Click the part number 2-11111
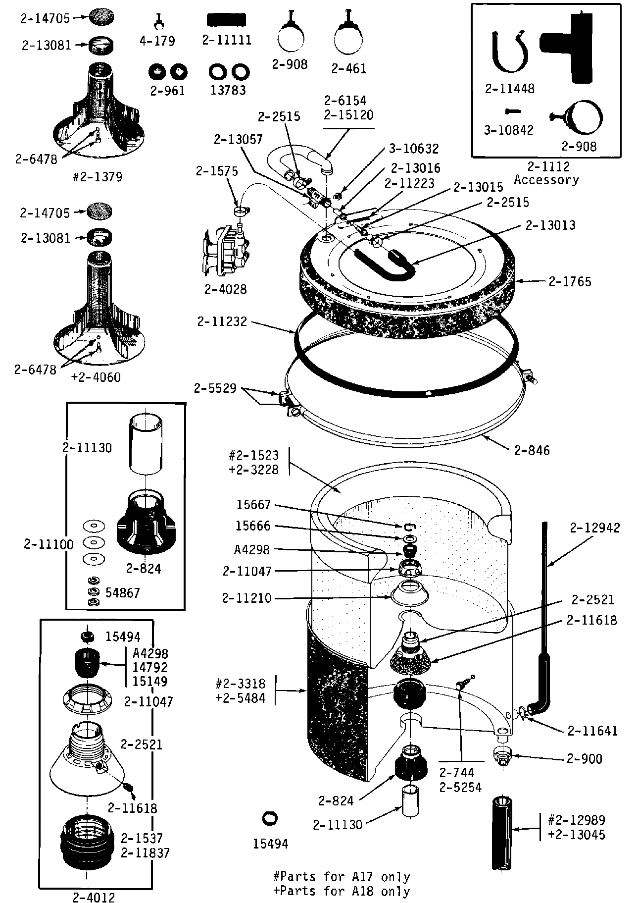[227, 40]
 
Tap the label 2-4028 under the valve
[225, 289]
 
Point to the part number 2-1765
[570, 281]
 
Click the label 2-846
[532, 450]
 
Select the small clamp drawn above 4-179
[158, 21]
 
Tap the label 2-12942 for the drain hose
[594, 528]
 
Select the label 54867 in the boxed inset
[122, 593]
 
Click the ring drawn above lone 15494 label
[270, 818]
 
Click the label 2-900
[584, 759]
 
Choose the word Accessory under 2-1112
[546, 179]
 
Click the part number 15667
[253, 505]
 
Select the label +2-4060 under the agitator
[96, 377]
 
